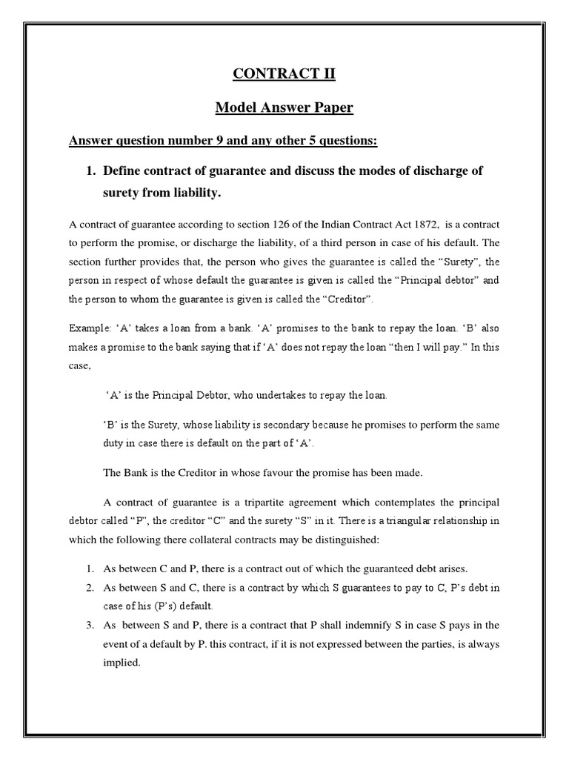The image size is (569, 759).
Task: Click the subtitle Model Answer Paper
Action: point(284,108)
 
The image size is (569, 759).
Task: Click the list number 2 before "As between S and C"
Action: point(87,587)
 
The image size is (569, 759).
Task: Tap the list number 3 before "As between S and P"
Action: point(87,626)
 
